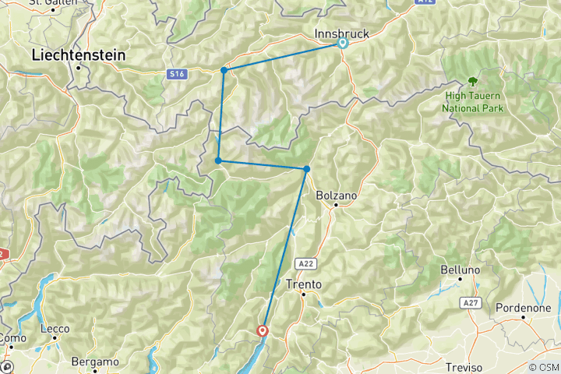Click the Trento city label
(304, 284)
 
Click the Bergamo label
(94, 362)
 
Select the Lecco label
(55, 329)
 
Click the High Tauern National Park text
(473, 102)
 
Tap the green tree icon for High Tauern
(472, 81)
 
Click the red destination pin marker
(263, 330)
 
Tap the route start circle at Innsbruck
(342, 44)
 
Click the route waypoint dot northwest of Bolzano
(307, 169)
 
